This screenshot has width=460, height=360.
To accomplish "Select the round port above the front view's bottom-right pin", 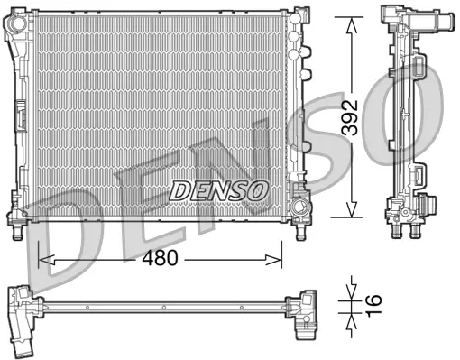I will pos(300,191).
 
